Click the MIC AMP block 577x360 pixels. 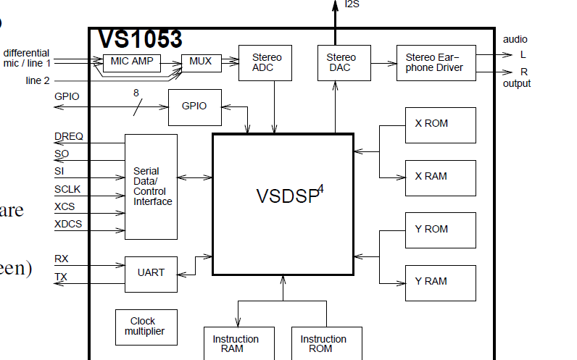click(x=132, y=62)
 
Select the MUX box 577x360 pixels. click(x=201, y=62)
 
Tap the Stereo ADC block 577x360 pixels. click(x=267, y=62)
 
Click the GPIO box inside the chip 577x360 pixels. click(x=194, y=106)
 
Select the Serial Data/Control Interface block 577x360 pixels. click(x=151, y=186)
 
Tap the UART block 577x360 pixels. click(x=151, y=273)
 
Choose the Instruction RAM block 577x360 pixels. click(x=236, y=343)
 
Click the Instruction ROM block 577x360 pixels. click(x=323, y=343)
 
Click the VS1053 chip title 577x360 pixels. click(x=140, y=39)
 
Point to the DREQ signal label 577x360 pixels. click(x=69, y=136)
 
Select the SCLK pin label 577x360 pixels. click(x=68, y=189)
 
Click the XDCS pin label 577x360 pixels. click(x=68, y=224)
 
